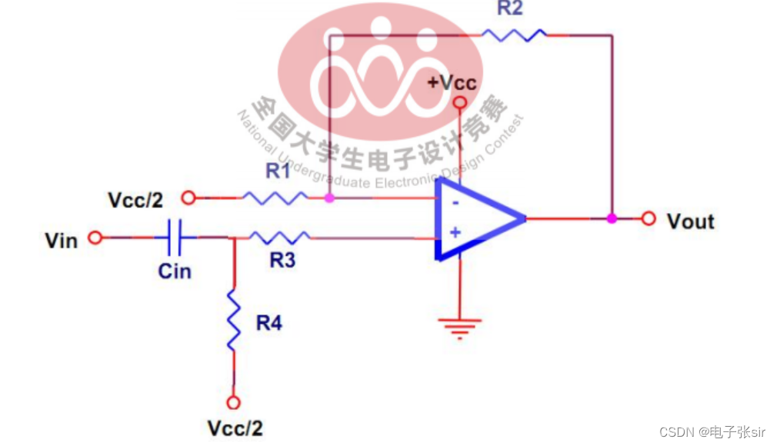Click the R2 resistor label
click(509, 8)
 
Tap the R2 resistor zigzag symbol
click(513, 34)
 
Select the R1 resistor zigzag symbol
click(275, 198)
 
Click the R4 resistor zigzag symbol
click(234, 321)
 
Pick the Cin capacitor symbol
click(175, 238)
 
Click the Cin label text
click(175, 271)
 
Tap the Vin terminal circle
click(95, 238)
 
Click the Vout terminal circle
click(649, 218)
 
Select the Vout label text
click(690, 221)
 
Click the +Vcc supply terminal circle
click(460, 102)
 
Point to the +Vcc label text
click(452, 82)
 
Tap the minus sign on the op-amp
click(456, 203)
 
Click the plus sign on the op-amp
click(455, 231)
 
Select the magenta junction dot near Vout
click(612, 218)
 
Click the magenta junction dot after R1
click(329, 198)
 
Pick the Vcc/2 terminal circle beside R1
click(189, 198)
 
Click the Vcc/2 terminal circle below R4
click(234, 402)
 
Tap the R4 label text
click(269, 323)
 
